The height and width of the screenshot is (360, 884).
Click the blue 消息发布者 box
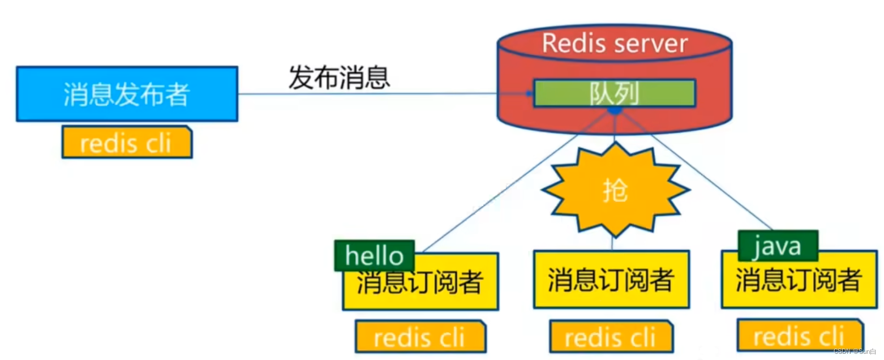coord(127,94)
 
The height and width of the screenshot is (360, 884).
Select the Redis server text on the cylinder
coord(615,44)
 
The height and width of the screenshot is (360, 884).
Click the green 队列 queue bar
coord(615,93)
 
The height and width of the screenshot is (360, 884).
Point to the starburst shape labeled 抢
coord(615,190)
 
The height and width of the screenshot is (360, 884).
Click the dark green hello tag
coord(374,256)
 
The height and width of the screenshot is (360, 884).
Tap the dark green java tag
coord(778,246)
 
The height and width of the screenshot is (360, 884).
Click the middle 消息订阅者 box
coord(611,280)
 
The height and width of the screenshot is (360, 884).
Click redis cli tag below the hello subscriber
coord(420,337)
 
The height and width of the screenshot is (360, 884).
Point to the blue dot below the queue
coord(615,112)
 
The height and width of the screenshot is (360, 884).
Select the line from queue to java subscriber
coord(702,175)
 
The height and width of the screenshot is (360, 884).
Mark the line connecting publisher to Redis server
coord(368,94)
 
